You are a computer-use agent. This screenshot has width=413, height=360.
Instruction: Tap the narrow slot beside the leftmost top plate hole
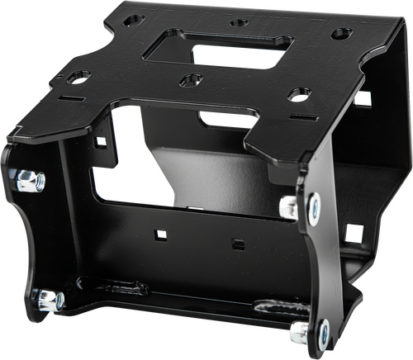tap(70, 97)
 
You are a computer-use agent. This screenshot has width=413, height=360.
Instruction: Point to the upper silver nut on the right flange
tap(291, 206)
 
